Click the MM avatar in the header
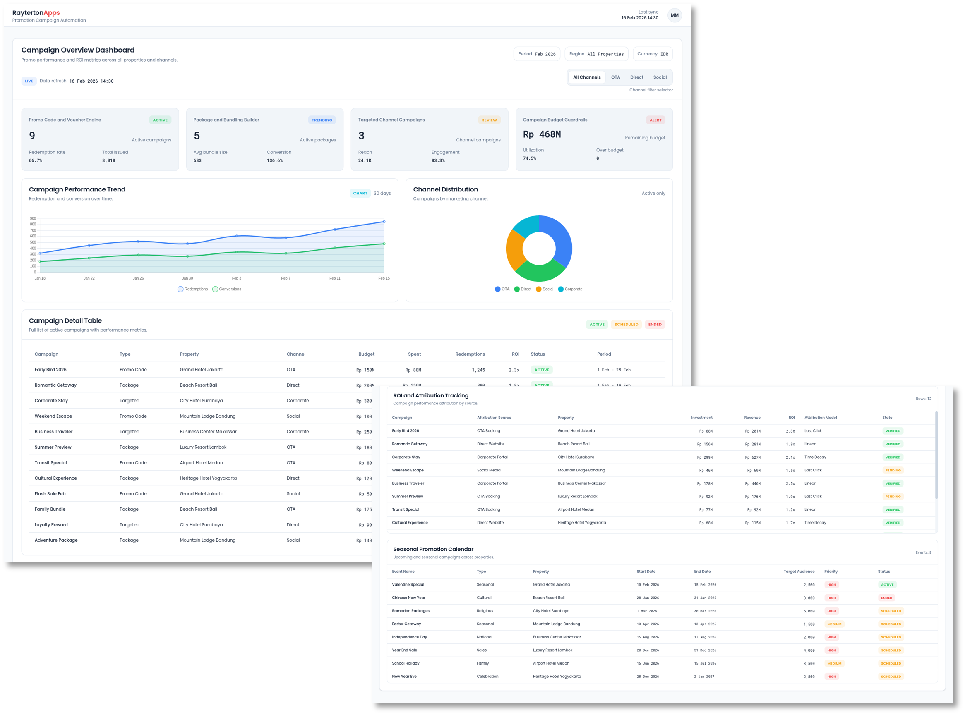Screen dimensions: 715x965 point(675,15)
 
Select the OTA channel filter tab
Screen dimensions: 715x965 point(615,77)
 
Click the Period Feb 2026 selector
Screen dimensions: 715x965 point(536,54)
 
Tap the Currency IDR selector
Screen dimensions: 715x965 point(652,54)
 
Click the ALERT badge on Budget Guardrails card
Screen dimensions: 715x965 point(655,120)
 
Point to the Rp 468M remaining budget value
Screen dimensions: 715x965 point(541,134)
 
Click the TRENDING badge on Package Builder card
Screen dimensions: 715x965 point(322,120)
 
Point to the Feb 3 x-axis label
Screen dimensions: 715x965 point(236,278)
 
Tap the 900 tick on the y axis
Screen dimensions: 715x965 point(33,219)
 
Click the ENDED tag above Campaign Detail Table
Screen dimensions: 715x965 point(655,325)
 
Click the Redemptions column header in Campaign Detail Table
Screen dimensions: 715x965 point(470,354)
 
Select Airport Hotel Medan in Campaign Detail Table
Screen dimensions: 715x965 point(201,463)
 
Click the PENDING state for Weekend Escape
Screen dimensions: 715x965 point(892,471)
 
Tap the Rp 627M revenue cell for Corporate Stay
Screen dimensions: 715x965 point(752,457)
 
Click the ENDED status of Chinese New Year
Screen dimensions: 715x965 point(886,598)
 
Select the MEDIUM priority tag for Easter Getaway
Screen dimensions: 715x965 point(834,624)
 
